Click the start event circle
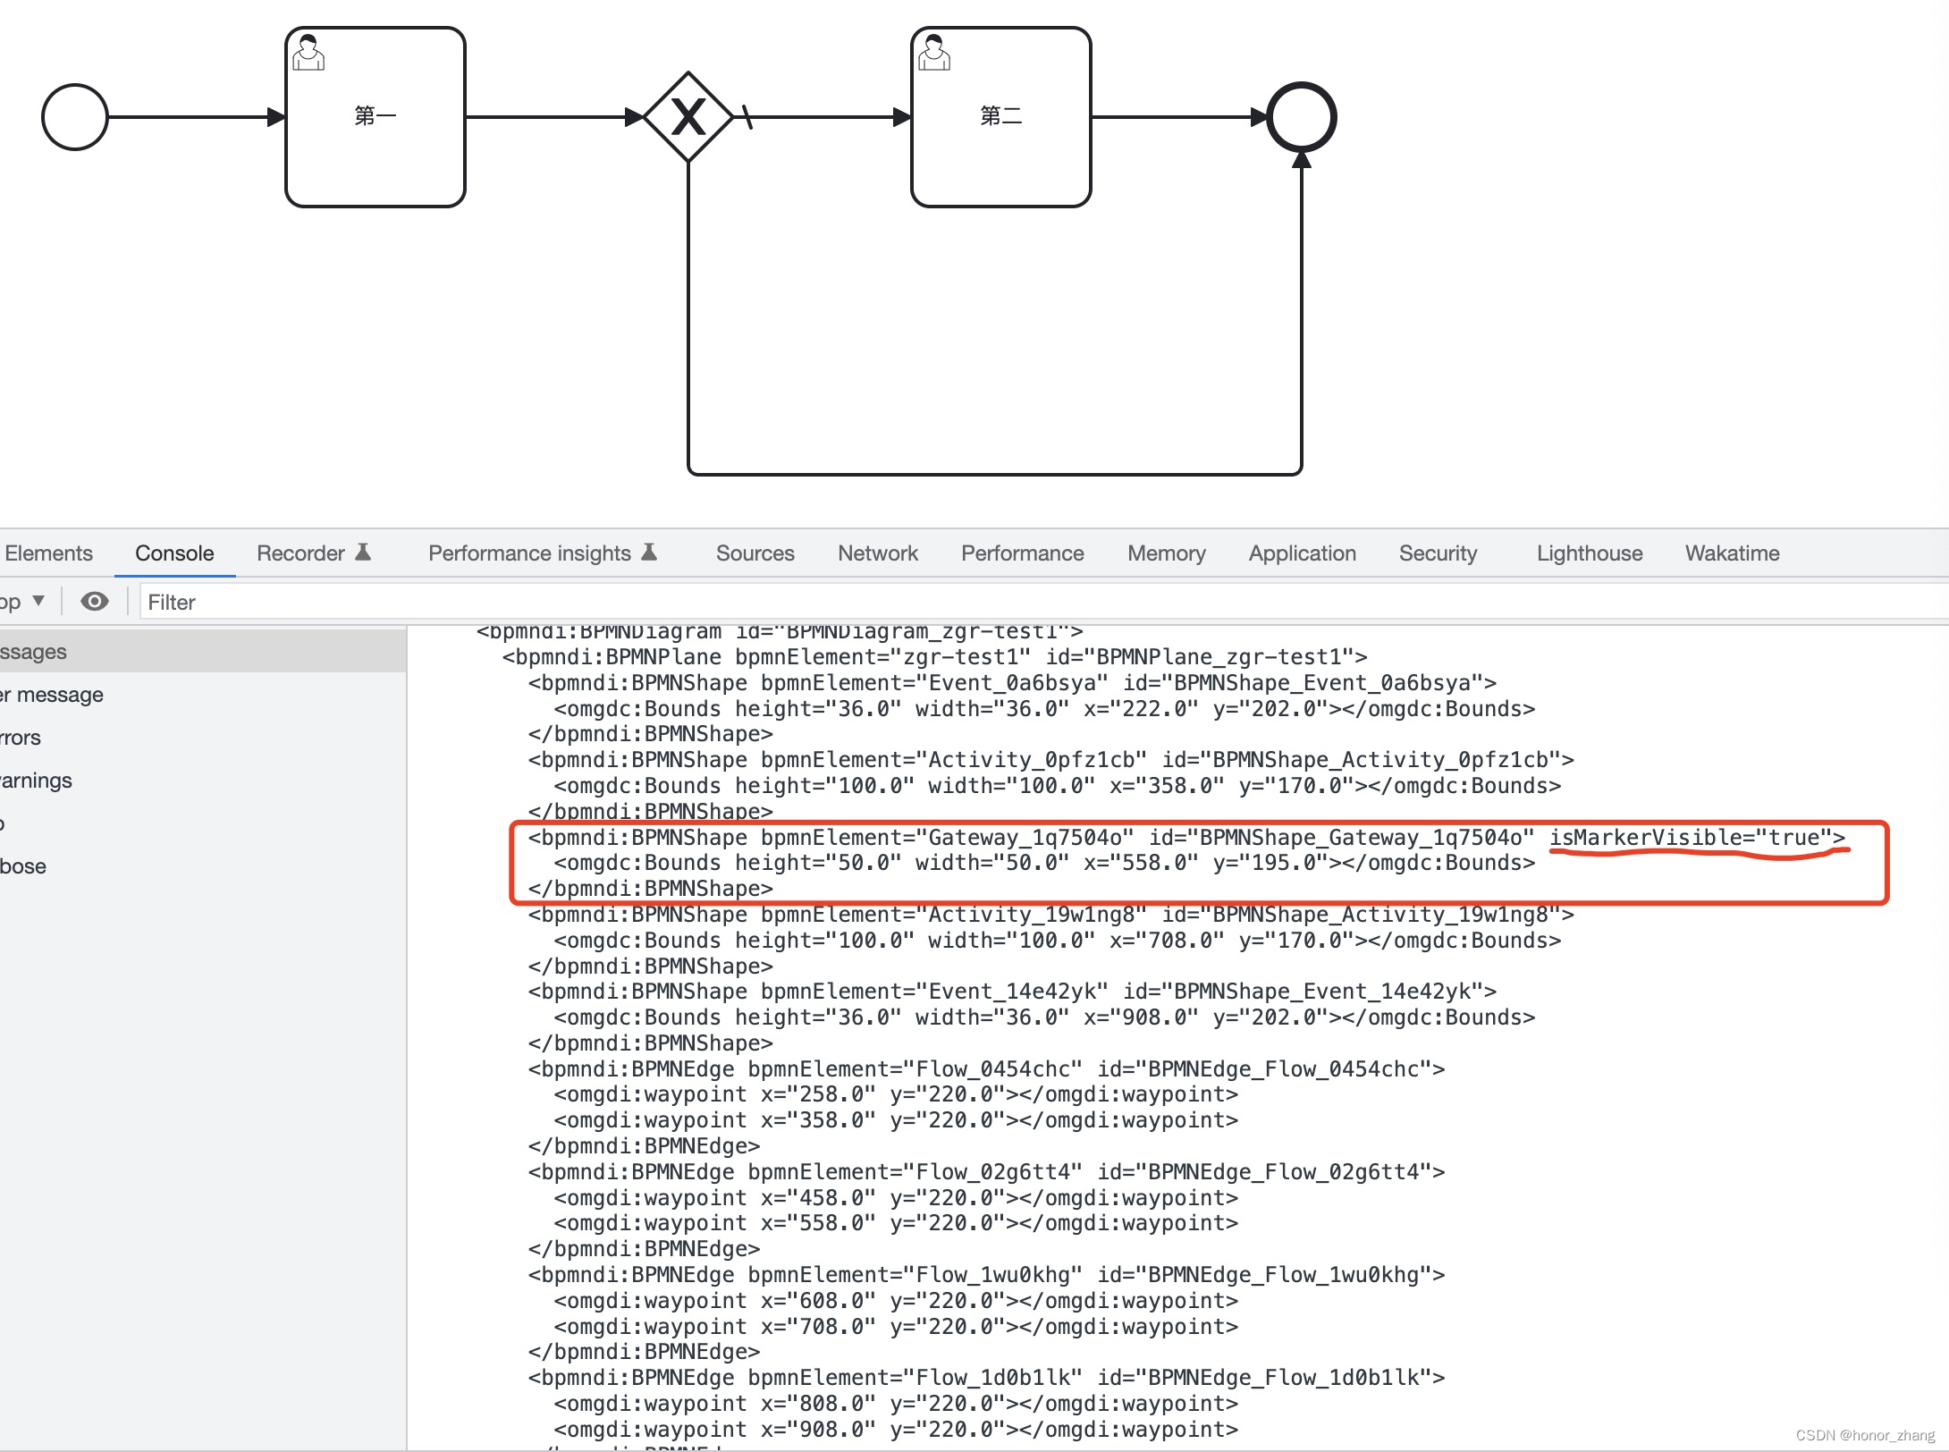tap(75, 117)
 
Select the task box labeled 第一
tap(375, 117)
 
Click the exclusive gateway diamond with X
tap(688, 117)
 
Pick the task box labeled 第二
tap(1000, 117)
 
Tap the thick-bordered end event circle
tap(1302, 117)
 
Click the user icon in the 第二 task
tap(934, 53)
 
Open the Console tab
tap(174, 553)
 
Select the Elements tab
tap(48, 553)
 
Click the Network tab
tap(877, 553)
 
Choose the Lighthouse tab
tap(1589, 553)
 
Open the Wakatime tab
tap(1732, 553)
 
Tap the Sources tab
tap(755, 553)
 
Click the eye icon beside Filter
tap(95, 602)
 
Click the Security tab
tap(1438, 553)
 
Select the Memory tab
tap(1166, 553)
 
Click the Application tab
tap(1302, 553)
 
